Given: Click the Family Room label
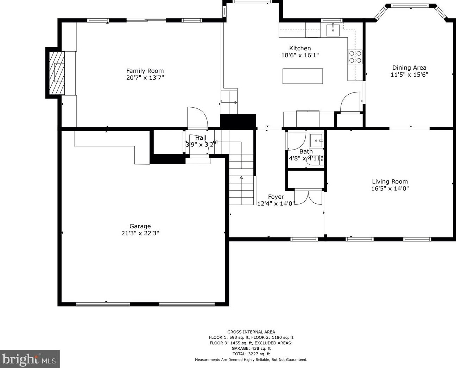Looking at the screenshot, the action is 145,71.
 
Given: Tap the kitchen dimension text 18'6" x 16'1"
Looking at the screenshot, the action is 300,55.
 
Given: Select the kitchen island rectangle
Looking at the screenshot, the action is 303,76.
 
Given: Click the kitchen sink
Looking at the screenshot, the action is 333,30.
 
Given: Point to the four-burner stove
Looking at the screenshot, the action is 355,57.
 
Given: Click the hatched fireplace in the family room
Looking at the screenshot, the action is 57,73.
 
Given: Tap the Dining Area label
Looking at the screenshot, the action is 409,68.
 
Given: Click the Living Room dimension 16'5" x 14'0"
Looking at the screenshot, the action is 390,188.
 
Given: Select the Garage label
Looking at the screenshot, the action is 140,226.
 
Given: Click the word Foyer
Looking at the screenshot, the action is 276,197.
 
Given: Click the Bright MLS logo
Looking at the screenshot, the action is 30,359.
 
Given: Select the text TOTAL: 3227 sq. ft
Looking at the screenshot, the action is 251,354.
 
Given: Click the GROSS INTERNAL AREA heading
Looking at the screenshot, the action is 251,332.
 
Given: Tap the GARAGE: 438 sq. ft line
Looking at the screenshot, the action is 251,348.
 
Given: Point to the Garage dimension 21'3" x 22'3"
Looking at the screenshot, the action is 140,233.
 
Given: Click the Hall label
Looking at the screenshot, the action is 201,138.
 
